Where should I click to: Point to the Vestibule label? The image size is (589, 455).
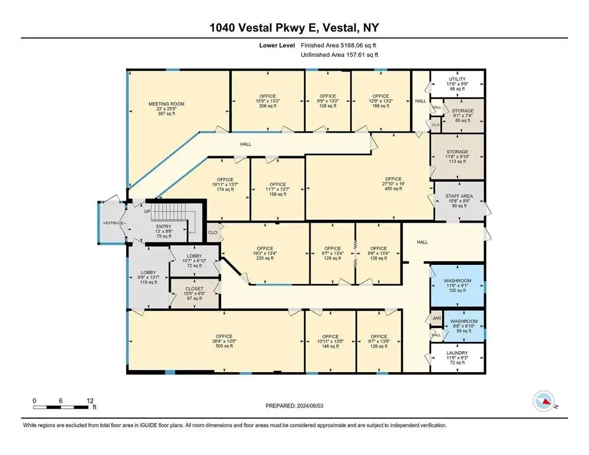[113, 223]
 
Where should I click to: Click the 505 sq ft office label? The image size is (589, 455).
[224, 341]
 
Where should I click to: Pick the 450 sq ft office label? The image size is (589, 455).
[393, 184]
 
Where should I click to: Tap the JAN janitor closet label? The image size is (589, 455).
[437, 318]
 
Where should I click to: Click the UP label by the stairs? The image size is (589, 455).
[147, 212]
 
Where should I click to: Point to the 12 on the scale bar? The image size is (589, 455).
[90, 401]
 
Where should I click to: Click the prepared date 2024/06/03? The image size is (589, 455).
[310, 406]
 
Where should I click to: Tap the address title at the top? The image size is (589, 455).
[294, 28]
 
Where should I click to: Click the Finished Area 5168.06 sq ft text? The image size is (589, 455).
[338, 46]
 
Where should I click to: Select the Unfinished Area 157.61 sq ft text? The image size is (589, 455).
[340, 55]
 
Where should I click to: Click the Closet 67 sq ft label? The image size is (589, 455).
[194, 293]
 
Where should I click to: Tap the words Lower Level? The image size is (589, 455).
[277, 46]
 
